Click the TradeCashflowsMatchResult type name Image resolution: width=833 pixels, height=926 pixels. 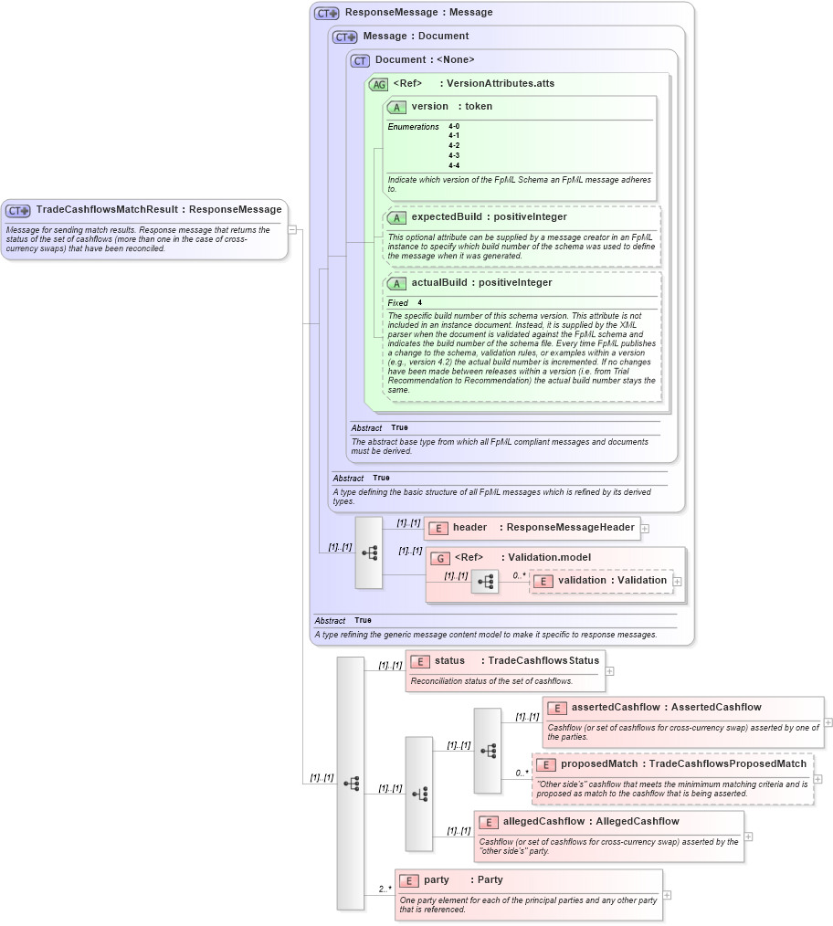pyautogui.click(x=107, y=210)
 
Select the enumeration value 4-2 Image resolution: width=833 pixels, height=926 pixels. pyautogui.click(x=454, y=146)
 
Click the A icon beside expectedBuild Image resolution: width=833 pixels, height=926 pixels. pyautogui.click(x=396, y=217)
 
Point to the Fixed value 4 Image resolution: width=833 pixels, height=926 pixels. pyautogui.click(x=420, y=303)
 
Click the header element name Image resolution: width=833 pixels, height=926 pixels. pyautogui.click(x=469, y=527)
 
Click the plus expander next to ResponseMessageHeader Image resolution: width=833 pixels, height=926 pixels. pyautogui.click(x=645, y=528)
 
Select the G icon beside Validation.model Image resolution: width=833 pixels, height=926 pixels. pyautogui.click(x=439, y=558)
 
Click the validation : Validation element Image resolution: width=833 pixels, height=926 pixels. pyautogui.click(x=612, y=581)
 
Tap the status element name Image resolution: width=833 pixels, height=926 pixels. pyautogui.click(x=449, y=660)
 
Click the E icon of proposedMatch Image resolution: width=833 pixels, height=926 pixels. pyautogui.click(x=545, y=764)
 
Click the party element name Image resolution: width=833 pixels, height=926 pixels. pyautogui.click(x=437, y=880)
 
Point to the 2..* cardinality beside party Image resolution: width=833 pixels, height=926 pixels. pyautogui.click(x=385, y=889)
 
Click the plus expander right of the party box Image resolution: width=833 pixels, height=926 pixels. pyautogui.click(x=667, y=895)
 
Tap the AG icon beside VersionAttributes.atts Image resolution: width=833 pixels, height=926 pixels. pyautogui.click(x=378, y=84)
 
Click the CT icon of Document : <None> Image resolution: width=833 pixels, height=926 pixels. pyautogui.click(x=360, y=60)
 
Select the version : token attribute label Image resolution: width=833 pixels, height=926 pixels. pyautogui.click(x=451, y=107)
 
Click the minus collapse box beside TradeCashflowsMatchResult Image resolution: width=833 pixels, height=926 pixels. pyautogui.click(x=292, y=229)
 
